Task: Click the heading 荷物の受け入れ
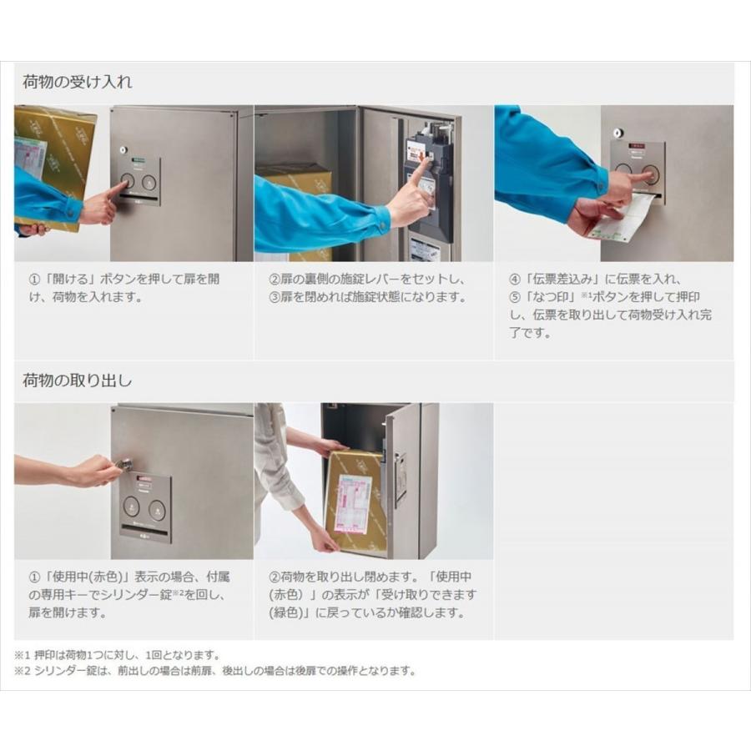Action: click(77, 83)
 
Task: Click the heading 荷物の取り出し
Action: click(77, 381)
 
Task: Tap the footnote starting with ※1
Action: click(117, 655)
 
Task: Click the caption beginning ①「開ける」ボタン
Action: click(125, 288)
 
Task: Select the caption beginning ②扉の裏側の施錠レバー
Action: click(367, 288)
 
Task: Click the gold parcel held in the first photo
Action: click(54, 159)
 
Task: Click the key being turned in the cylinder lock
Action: click(123, 464)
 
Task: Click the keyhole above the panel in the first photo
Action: click(122, 151)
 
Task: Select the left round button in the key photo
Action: click(131, 506)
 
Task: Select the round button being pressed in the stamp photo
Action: click(649, 174)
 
